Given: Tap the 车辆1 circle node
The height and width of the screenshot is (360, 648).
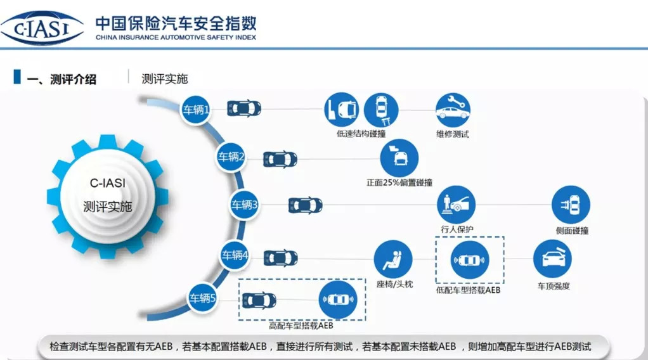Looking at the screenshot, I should tap(197, 109).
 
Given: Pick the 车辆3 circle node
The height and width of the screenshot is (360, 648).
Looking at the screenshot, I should tap(244, 205).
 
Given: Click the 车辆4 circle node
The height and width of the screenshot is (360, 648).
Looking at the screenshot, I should tap(235, 255).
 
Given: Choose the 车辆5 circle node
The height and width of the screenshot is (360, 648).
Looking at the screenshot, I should tap(203, 298).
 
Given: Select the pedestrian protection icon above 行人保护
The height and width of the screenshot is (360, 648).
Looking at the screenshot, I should tap(456, 204).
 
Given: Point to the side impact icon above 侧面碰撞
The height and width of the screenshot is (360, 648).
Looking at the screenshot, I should tap(571, 205).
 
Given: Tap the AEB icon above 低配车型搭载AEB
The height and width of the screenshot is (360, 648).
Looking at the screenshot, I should tap(469, 260).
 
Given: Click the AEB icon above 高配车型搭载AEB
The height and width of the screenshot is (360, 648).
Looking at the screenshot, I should tap(338, 299).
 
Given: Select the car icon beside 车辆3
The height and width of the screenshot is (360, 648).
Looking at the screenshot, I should tap(306, 205).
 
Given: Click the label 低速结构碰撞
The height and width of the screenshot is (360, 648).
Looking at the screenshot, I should tap(361, 134).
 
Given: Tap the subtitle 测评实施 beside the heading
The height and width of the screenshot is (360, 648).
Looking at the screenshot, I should tap(165, 79).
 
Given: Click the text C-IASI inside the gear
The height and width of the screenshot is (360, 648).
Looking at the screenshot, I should tap(108, 184).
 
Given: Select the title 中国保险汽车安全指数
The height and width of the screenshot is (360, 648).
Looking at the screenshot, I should tap(176, 23).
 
